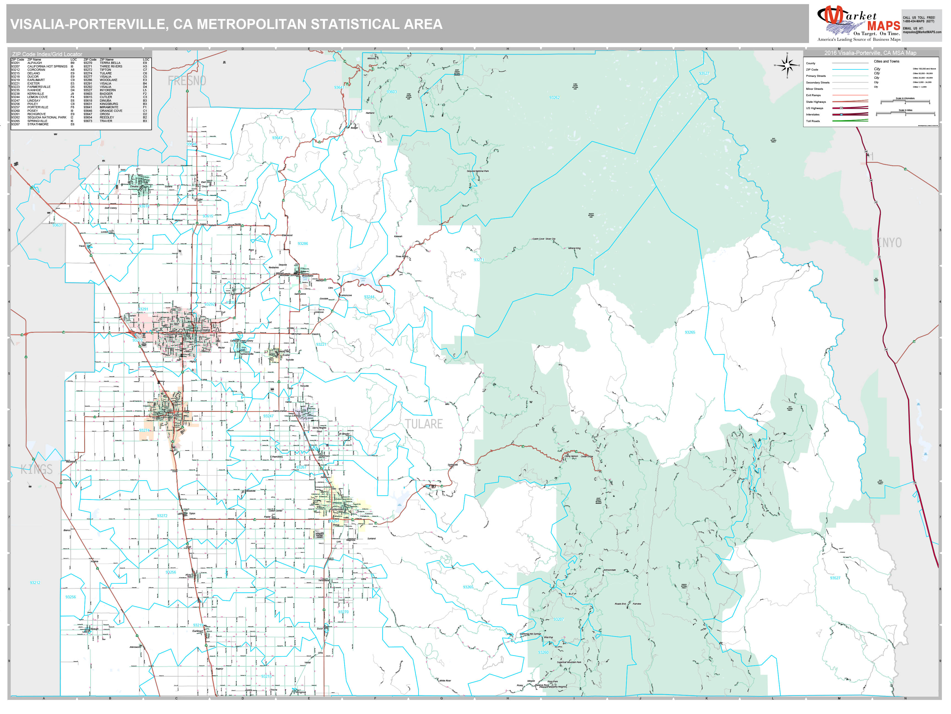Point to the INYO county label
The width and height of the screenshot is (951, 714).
(x=889, y=243)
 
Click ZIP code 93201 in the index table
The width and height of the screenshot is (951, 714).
(x=15, y=63)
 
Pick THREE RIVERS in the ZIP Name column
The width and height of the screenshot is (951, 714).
(x=111, y=66)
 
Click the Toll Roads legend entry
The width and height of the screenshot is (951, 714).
(x=813, y=121)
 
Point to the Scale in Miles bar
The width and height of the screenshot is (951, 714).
(x=905, y=113)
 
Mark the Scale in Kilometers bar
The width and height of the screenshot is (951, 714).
(x=905, y=102)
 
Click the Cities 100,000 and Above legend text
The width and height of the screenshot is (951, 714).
(x=924, y=68)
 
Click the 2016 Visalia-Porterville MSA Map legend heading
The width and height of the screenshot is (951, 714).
(x=870, y=53)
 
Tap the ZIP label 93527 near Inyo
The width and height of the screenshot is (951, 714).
(x=704, y=74)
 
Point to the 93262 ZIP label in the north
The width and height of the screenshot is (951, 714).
(x=554, y=98)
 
